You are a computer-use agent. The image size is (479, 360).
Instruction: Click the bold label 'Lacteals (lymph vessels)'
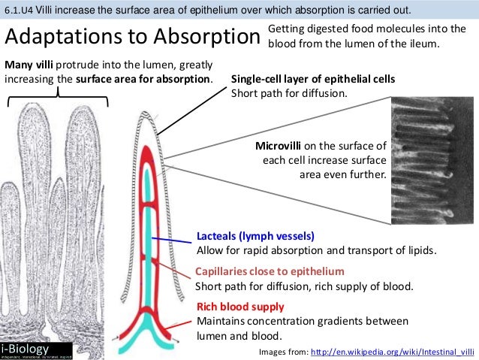click(255, 235)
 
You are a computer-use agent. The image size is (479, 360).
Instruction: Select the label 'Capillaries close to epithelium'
click(270, 271)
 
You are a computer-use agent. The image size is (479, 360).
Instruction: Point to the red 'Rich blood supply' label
click(239, 307)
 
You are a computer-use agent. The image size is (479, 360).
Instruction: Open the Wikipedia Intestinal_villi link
click(392, 351)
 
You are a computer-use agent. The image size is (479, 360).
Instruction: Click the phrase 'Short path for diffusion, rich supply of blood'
click(304, 286)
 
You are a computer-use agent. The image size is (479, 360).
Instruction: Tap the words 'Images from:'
click(282, 351)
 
